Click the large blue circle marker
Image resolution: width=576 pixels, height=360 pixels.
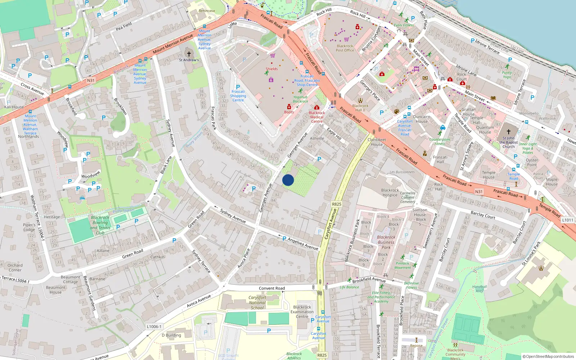(x=288, y=180)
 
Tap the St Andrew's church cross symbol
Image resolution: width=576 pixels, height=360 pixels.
(x=189, y=54)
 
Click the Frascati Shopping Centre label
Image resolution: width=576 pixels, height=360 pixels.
(x=238, y=96)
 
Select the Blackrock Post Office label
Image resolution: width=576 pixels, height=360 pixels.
(x=345, y=48)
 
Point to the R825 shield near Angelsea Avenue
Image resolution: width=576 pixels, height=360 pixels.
(x=336, y=204)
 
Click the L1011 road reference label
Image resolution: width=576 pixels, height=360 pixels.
(x=567, y=220)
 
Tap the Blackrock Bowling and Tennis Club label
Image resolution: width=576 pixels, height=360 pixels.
(x=100, y=225)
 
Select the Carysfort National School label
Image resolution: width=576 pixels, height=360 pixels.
(x=257, y=303)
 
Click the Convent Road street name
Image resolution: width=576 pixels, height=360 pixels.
(x=272, y=288)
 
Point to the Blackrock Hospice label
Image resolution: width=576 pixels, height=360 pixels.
(x=390, y=193)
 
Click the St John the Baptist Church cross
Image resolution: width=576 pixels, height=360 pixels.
(x=508, y=132)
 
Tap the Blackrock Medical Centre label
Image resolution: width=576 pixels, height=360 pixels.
(x=317, y=117)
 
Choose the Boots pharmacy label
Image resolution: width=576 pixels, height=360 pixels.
(x=289, y=112)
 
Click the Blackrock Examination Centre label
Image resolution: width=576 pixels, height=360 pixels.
(x=302, y=312)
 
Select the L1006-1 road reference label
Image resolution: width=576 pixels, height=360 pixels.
(x=154, y=327)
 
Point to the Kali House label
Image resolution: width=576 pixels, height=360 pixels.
(x=14, y=107)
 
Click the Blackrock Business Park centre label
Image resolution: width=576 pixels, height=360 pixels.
(x=386, y=242)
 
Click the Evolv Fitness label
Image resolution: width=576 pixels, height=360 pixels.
(x=404, y=25)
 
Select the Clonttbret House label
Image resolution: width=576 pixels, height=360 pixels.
(x=377, y=142)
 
